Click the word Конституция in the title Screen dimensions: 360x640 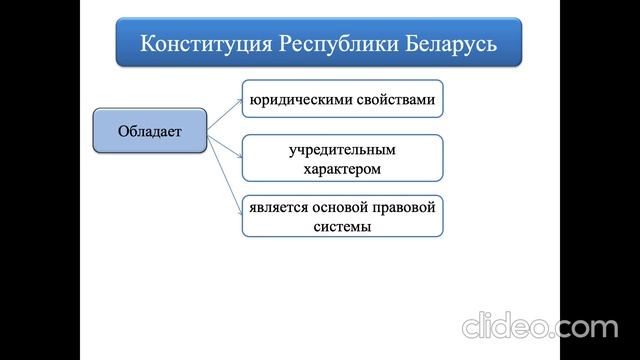[207, 44]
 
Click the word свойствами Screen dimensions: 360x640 [394, 99]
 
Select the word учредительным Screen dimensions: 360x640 [342, 150]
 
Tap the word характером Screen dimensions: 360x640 [342, 169]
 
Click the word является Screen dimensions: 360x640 [280, 208]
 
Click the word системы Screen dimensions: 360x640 [342, 227]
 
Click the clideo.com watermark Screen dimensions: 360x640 [539, 325]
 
